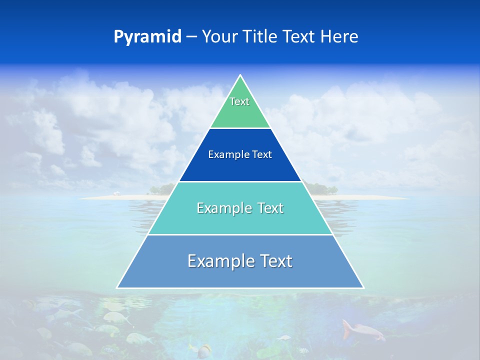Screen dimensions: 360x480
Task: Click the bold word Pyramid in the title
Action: coord(147,36)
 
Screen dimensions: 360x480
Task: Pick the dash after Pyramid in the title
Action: coord(191,37)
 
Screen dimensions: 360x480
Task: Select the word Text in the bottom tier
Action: coord(274,261)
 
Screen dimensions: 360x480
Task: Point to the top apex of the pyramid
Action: coord(240,75)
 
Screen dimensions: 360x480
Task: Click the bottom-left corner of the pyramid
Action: coord(117,287)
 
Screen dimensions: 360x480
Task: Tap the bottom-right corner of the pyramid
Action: coord(363,287)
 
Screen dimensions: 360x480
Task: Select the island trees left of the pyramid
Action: coord(162,189)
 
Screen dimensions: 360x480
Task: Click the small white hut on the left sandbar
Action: coord(116,193)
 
